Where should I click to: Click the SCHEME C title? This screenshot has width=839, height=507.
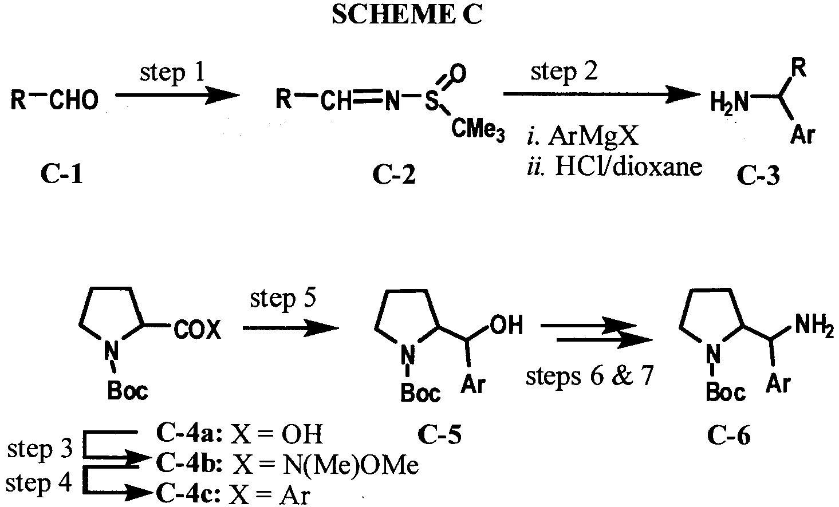(407, 15)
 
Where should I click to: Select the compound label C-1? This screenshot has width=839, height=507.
(62, 175)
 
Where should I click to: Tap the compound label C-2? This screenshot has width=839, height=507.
(394, 175)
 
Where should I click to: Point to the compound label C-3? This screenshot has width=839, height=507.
(758, 176)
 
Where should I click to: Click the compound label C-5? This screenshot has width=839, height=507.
(439, 435)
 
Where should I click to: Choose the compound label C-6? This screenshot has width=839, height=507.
(729, 435)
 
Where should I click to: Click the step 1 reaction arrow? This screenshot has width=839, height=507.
(177, 96)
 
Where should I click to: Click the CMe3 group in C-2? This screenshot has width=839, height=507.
(478, 130)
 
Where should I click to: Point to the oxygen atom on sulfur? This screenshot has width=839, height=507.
(458, 74)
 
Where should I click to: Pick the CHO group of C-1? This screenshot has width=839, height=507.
(73, 100)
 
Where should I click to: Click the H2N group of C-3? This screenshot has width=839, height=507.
(729, 102)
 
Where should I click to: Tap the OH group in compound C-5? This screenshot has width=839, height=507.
(506, 324)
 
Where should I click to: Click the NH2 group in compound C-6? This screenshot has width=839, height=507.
(814, 325)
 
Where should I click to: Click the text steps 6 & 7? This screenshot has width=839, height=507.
(590, 375)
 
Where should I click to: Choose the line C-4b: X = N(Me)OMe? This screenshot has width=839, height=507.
(287, 464)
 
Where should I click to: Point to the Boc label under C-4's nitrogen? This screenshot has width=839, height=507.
(127, 391)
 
